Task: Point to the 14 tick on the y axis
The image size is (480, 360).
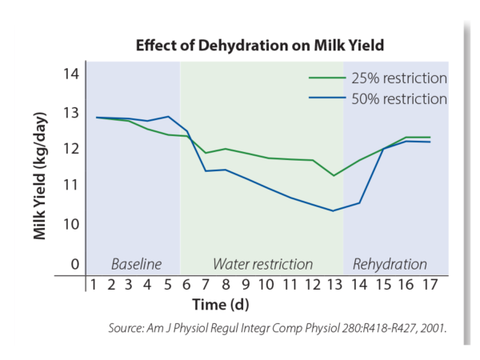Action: tap(71, 74)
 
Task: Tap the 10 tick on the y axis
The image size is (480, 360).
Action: tap(71, 223)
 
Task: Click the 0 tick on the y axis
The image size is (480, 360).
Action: tap(74, 264)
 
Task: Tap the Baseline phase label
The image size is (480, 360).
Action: tap(136, 264)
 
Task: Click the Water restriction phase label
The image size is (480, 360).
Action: tap(262, 264)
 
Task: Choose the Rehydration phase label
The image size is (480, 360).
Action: tap(390, 264)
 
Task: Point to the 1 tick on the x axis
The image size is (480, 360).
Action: tap(94, 285)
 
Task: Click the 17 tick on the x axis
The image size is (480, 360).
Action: tap(430, 285)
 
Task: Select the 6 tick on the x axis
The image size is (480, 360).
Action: tap(187, 285)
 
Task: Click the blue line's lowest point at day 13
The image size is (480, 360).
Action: tap(333, 210)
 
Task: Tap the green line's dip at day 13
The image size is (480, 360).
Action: tap(333, 175)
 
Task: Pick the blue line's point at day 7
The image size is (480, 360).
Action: tap(206, 170)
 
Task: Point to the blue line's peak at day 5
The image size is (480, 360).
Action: tap(168, 117)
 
